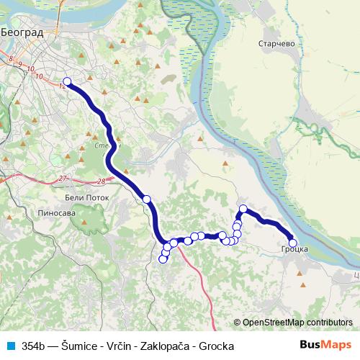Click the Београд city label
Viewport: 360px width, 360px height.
[22, 32]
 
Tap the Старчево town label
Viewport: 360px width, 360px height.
[276, 43]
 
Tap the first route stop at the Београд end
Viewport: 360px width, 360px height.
[68, 82]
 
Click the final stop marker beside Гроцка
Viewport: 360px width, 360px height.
[292, 243]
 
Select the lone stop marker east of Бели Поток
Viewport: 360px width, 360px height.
[147, 199]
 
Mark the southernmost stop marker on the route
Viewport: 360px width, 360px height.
[163, 259]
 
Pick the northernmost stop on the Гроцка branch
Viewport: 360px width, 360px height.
[243, 209]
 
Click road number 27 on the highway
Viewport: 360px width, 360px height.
[63, 178]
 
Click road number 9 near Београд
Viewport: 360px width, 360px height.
[20, 66]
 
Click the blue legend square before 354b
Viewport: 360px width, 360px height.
[9, 346]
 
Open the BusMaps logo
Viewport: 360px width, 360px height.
[325, 346]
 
